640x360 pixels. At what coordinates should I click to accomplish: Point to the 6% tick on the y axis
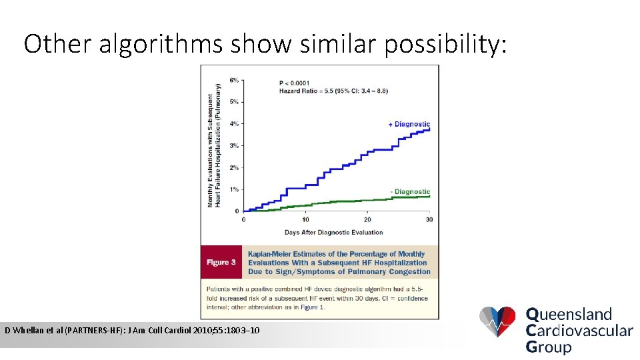[x=234, y=80]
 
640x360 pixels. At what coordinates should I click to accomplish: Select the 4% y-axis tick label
[x=234, y=124]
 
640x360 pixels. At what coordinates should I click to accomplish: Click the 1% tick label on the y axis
[x=234, y=189]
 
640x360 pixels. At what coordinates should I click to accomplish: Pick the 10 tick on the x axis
[x=305, y=219]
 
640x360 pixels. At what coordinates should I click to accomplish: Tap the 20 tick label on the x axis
[x=367, y=219]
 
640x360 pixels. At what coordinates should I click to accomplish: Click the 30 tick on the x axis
[x=429, y=219]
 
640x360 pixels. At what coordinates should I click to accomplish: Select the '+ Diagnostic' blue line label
[x=409, y=124]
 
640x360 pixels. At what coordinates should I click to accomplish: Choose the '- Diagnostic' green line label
[x=410, y=192]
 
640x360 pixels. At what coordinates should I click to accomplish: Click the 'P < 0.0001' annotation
[x=294, y=83]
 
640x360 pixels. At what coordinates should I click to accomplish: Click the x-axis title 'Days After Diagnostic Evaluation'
[x=333, y=232]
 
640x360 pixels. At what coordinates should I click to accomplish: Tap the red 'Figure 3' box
[x=221, y=263]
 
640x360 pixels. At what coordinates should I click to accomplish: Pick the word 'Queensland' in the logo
[x=569, y=314]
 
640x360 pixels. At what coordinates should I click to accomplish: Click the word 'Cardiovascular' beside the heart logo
[x=579, y=330]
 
